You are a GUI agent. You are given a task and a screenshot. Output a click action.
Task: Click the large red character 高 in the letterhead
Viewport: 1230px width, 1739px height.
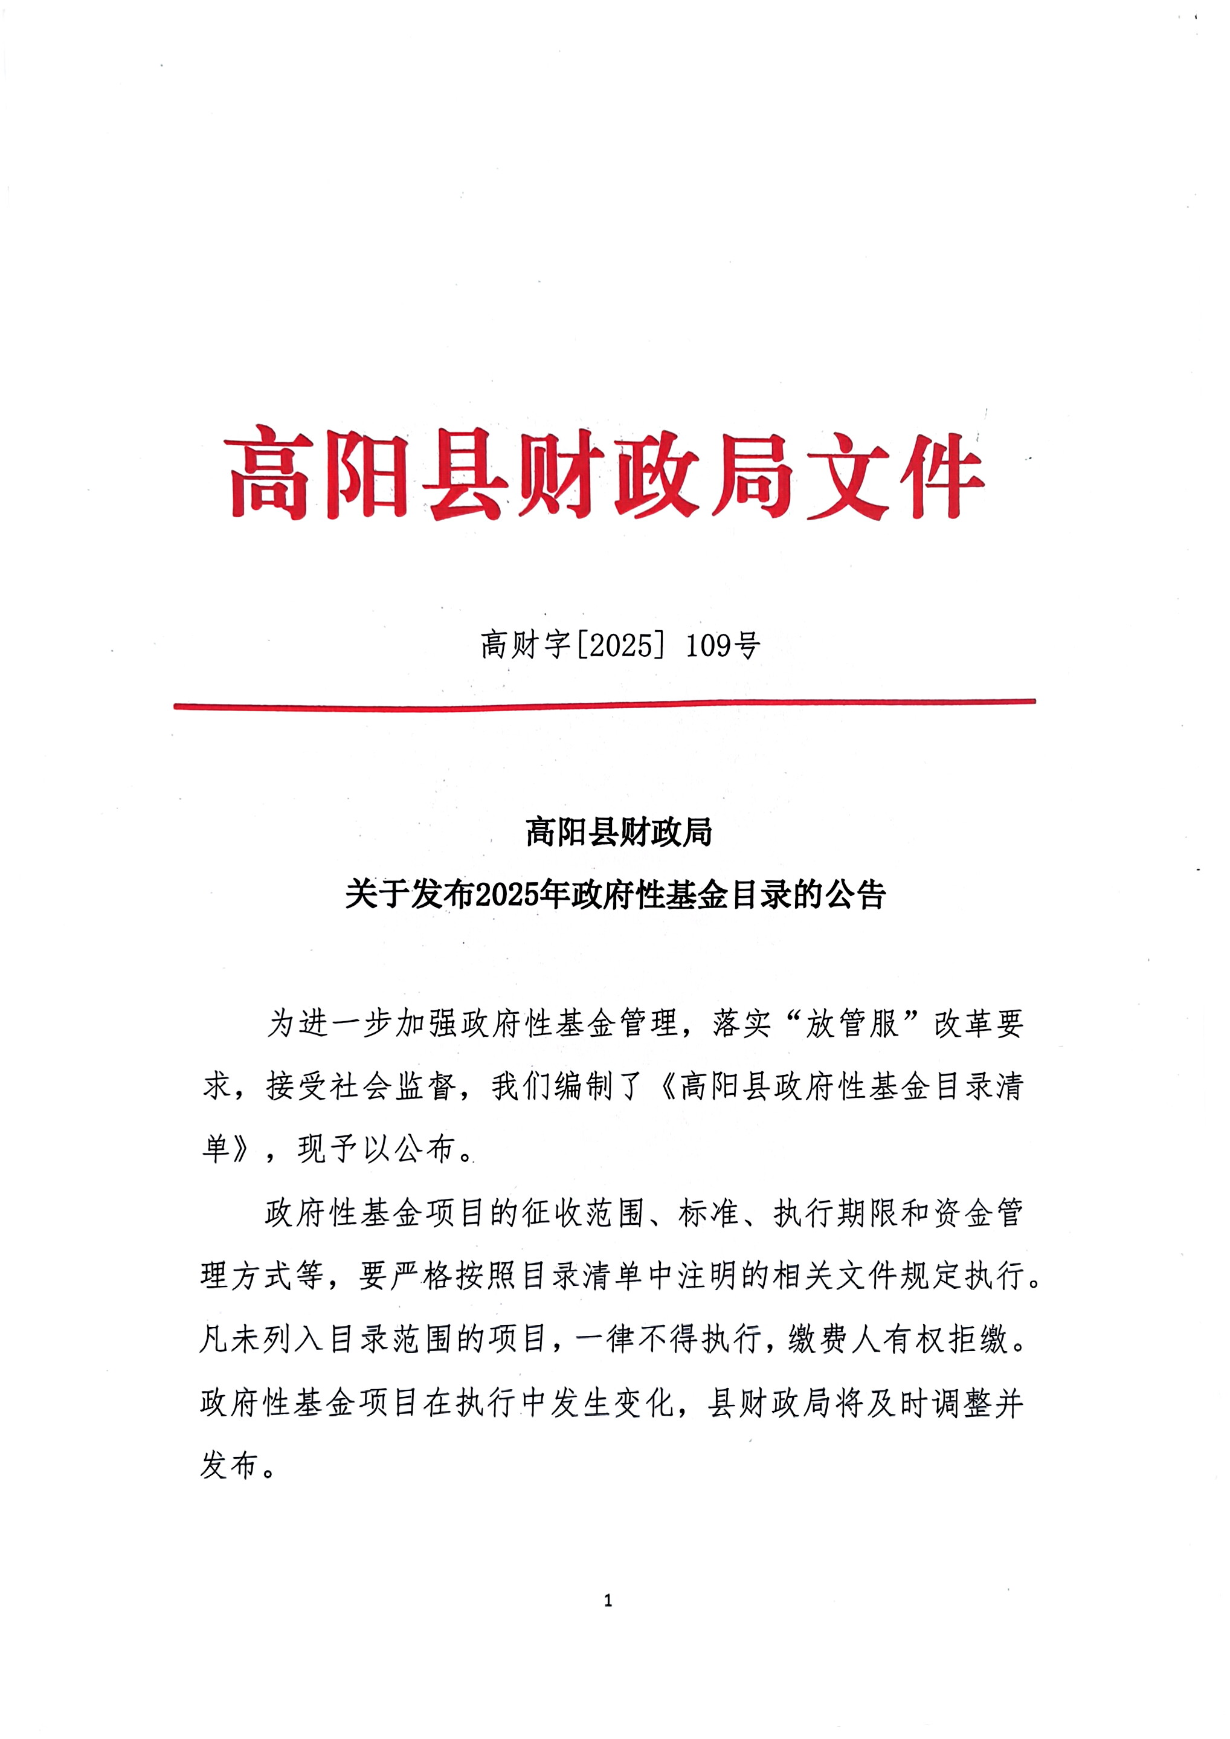coord(268,473)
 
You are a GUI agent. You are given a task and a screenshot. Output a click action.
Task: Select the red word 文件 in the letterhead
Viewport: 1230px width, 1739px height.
coord(894,473)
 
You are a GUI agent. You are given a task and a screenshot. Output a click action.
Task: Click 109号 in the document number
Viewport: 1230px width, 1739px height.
coord(723,645)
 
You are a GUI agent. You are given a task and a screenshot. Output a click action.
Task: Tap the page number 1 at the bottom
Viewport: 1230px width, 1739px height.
coord(608,1601)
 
